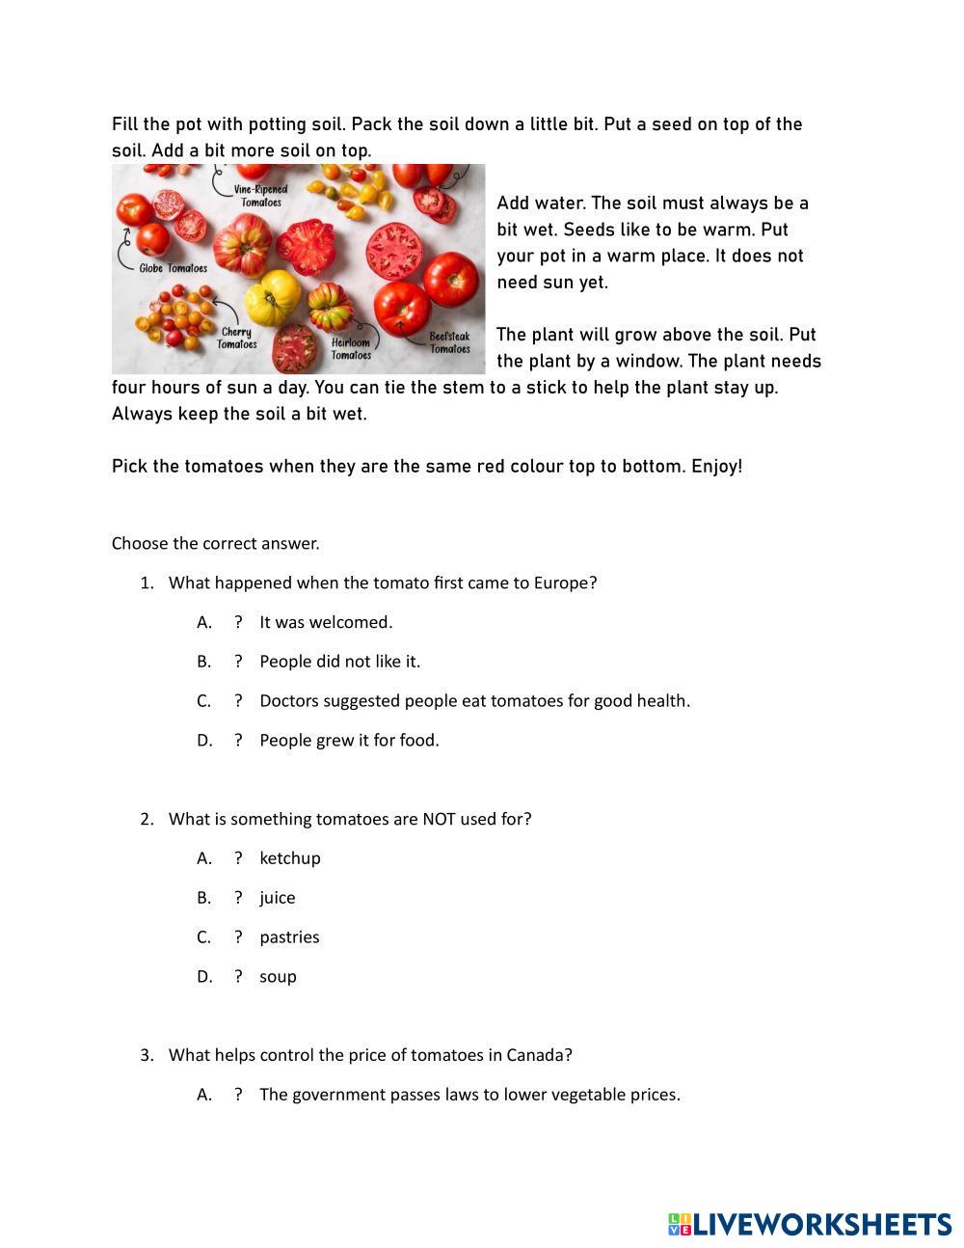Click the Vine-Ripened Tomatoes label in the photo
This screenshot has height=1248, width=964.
(x=260, y=196)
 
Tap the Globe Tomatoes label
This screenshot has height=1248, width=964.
(x=173, y=268)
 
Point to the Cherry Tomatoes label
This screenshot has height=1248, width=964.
(x=236, y=339)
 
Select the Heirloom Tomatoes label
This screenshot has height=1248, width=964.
(x=351, y=348)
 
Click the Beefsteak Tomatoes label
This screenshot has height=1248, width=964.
(x=449, y=342)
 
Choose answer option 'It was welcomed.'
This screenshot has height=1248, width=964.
(x=325, y=622)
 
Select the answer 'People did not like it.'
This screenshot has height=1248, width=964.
(x=339, y=662)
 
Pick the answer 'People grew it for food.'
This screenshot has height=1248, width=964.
(x=349, y=741)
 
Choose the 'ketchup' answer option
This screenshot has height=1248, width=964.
(x=289, y=858)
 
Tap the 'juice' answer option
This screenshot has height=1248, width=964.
(x=277, y=898)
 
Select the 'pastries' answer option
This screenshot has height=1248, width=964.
(x=289, y=937)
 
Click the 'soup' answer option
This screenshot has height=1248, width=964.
(x=278, y=977)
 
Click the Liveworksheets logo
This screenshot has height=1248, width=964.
(x=809, y=1224)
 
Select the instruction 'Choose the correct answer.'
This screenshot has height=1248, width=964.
(x=215, y=544)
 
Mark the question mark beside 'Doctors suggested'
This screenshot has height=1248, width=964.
(x=238, y=701)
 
